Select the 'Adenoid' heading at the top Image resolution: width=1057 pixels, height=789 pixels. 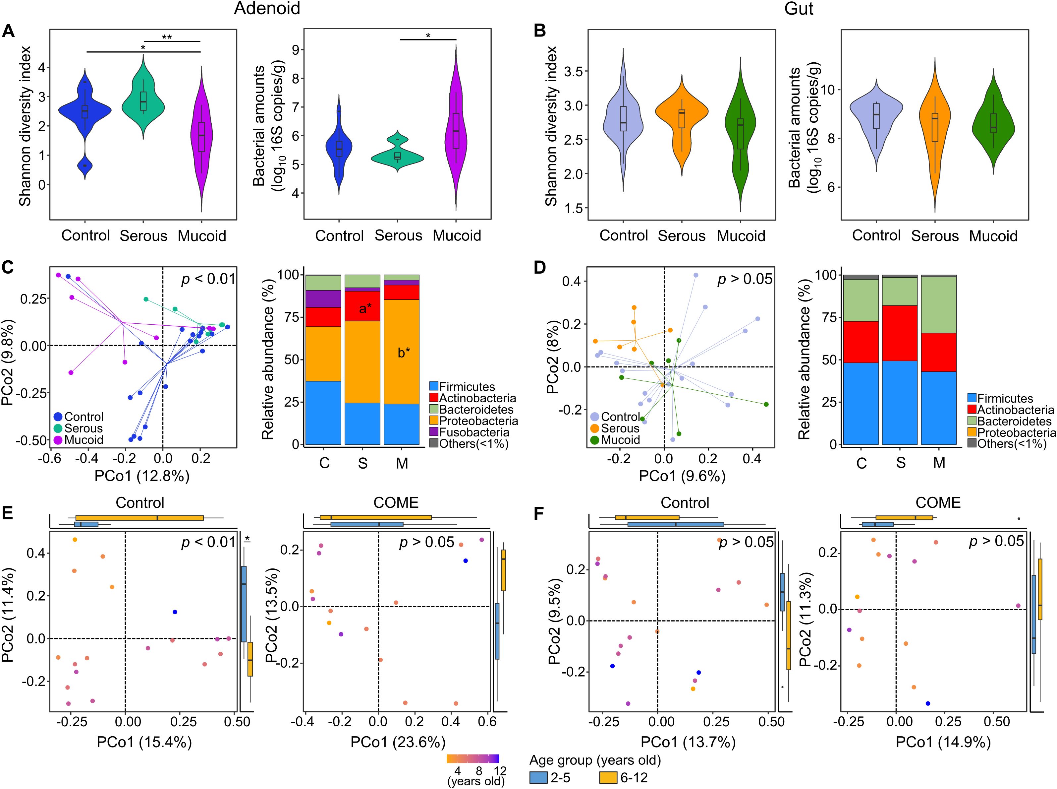(x=267, y=9)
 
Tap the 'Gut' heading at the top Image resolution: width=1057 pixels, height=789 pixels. (x=798, y=9)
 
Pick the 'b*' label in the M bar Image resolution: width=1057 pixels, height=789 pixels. (x=404, y=353)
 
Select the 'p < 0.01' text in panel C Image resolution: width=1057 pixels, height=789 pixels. (x=208, y=279)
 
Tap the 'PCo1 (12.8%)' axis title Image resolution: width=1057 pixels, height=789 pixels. (x=142, y=476)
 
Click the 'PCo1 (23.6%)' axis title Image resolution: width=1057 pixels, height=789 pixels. (x=398, y=742)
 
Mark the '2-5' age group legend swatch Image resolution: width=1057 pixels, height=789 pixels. (x=539, y=777)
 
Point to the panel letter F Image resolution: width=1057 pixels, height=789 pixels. (x=539, y=514)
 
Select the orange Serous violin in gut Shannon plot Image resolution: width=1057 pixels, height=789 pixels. (x=682, y=124)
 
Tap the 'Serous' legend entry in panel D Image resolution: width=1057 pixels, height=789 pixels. (x=619, y=428)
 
